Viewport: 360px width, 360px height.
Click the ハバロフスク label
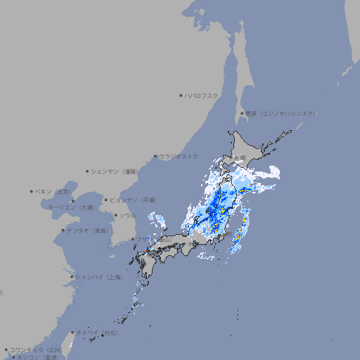(202, 95)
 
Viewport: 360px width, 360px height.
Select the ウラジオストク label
(179, 156)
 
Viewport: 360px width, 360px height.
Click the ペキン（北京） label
(54, 191)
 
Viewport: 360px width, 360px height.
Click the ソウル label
(127, 215)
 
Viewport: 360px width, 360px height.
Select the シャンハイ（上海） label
(98, 277)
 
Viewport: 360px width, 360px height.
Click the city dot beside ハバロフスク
(181, 95)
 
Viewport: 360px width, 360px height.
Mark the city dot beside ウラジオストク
(155, 156)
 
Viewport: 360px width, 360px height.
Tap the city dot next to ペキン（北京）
(32, 191)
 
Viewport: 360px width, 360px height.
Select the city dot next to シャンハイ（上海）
(72, 277)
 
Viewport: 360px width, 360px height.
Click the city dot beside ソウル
(115, 215)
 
